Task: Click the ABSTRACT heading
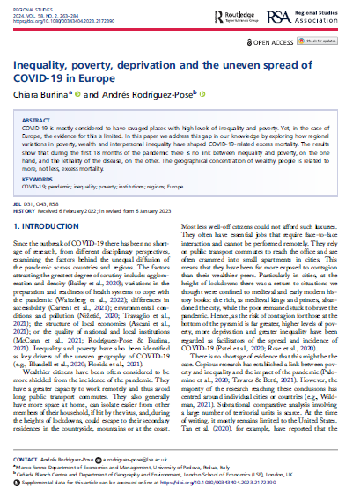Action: (40, 118)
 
